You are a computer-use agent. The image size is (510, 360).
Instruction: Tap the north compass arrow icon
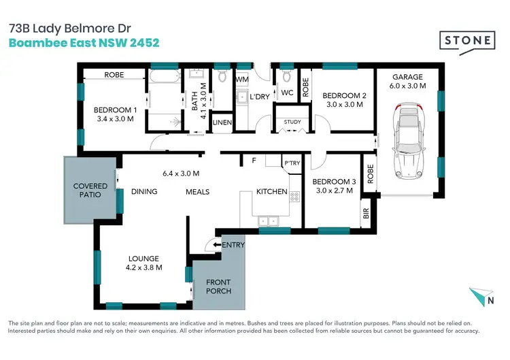click(x=480, y=297)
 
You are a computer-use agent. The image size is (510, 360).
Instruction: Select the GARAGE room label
click(x=407, y=77)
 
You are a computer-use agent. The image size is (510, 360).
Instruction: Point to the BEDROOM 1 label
click(x=115, y=110)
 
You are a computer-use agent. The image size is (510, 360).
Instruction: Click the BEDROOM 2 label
click(x=343, y=95)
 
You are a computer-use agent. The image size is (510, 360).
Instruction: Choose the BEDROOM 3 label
click(x=334, y=182)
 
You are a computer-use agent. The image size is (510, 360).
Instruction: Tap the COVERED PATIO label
click(x=90, y=190)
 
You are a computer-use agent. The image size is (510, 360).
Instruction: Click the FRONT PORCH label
click(x=218, y=287)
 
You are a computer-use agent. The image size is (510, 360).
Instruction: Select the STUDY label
click(x=292, y=122)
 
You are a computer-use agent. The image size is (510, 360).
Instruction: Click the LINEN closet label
click(x=222, y=122)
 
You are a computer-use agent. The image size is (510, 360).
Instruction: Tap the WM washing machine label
click(x=241, y=80)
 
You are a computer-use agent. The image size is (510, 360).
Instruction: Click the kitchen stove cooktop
click(x=294, y=197)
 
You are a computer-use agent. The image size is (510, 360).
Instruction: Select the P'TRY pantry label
click(x=292, y=163)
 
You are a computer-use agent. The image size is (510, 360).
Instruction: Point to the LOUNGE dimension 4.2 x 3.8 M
click(x=143, y=267)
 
